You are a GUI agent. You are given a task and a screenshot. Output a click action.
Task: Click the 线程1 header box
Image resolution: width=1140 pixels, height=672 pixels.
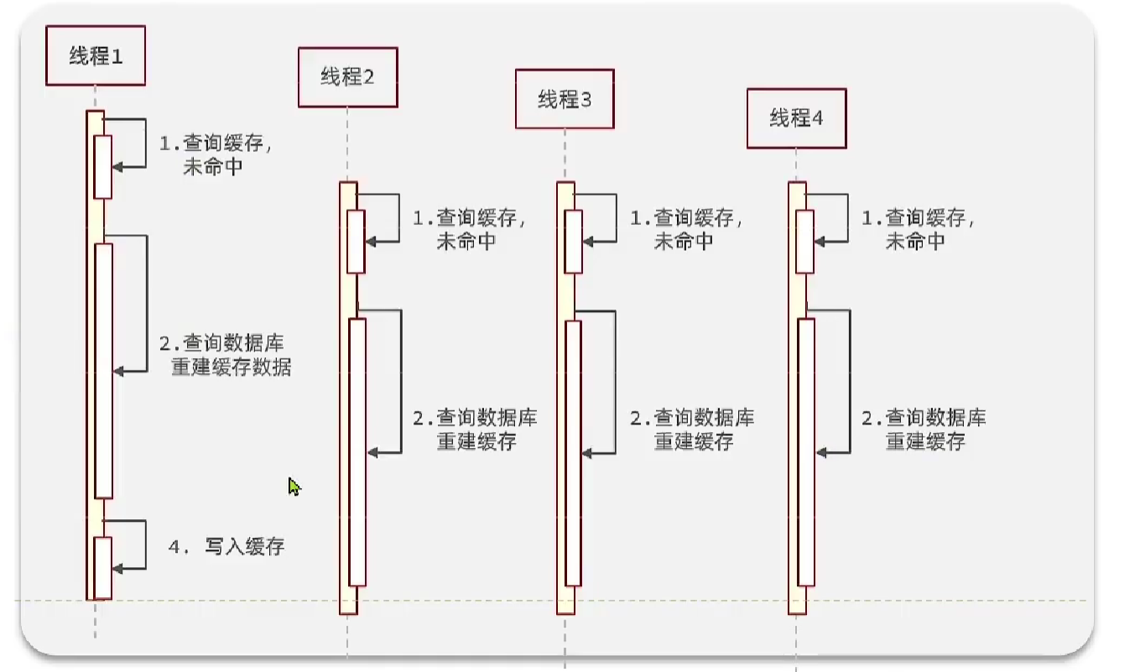[95, 56]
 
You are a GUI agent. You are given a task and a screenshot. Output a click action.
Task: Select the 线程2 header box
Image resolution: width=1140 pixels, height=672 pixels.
[347, 77]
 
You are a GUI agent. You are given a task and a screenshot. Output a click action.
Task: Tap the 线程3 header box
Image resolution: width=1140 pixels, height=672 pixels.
[565, 99]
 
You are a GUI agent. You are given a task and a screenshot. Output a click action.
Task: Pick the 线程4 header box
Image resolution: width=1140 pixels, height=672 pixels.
[796, 118]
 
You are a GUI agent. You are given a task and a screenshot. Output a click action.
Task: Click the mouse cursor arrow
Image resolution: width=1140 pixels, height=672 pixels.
[294, 487]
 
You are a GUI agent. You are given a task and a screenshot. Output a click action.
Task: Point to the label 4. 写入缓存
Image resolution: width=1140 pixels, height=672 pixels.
[226, 547]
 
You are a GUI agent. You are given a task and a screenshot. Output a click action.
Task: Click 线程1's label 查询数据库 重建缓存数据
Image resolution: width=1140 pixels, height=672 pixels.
[225, 355]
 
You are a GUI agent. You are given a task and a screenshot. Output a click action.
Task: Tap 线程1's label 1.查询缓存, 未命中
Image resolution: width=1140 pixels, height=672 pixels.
[216, 154]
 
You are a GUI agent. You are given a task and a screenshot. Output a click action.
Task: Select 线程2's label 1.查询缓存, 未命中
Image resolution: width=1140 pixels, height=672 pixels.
[469, 229]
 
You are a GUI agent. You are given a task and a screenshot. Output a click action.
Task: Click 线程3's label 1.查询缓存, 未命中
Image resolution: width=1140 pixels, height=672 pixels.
[686, 229]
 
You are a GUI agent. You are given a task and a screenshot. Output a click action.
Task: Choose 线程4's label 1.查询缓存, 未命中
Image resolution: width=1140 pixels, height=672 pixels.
[918, 229]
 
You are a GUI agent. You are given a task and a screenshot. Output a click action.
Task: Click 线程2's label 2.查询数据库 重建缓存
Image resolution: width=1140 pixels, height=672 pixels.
[475, 430]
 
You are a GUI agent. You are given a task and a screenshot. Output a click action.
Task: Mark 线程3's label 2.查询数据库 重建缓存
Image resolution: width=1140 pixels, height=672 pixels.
[692, 430]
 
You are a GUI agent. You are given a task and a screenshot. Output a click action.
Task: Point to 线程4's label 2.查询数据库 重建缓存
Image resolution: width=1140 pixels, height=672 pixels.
[924, 430]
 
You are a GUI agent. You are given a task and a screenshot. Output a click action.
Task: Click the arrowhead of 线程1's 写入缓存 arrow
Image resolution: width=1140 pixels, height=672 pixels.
[117, 569]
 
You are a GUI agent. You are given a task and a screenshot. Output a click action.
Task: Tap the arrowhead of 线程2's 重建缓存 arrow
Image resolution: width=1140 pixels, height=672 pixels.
[372, 452]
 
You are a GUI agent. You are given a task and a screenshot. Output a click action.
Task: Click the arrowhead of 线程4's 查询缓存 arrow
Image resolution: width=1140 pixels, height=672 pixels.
[820, 241]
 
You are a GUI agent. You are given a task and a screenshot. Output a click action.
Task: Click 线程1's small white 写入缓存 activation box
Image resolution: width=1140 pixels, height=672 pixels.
[102, 567]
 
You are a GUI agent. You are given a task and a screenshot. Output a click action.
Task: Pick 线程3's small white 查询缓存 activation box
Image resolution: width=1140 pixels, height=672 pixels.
[573, 241]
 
